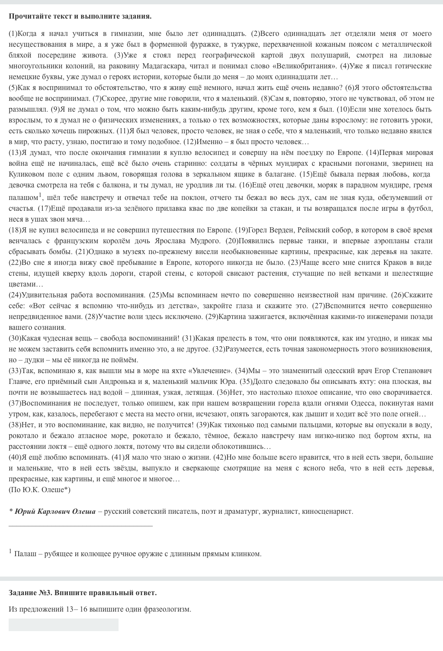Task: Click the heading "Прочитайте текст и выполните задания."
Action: (x=80, y=16)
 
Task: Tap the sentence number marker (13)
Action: (x=15, y=152)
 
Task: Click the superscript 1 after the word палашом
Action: (x=40, y=194)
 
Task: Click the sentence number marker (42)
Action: (x=219, y=457)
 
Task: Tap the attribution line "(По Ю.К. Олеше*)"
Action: (x=39, y=490)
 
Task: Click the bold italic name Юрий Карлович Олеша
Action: (x=55, y=511)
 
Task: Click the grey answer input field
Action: (x=63, y=625)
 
